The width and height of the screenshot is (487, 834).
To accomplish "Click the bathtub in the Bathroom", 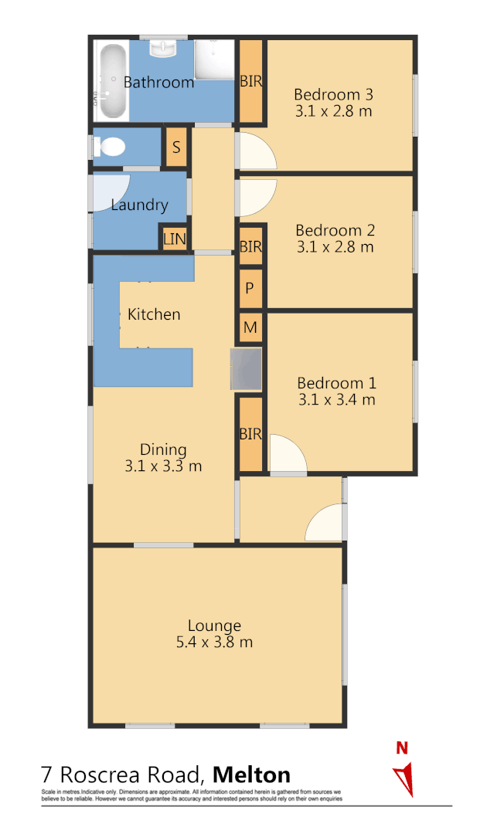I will [x=112, y=80].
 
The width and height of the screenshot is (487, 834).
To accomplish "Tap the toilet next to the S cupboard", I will [x=109, y=147].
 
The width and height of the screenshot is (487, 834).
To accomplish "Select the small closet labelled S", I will [x=176, y=147].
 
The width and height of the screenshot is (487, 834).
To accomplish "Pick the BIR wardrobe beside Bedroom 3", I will [x=250, y=82].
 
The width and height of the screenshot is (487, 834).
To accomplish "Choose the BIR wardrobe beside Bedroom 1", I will [x=250, y=435].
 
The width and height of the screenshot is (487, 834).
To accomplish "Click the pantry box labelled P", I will [x=250, y=288].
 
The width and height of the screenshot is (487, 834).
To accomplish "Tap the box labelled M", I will [x=250, y=327].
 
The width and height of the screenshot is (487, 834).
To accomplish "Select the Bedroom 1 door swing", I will [x=287, y=456].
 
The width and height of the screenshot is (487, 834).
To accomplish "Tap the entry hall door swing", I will [x=325, y=524].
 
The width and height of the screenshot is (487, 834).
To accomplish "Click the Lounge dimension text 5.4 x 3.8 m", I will [x=214, y=642].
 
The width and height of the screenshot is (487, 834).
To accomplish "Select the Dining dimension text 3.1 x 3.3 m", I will [x=163, y=466].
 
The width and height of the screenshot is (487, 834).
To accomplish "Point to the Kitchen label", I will [x=154, y=314].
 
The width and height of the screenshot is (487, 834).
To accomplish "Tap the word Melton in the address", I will [x=251, y=775].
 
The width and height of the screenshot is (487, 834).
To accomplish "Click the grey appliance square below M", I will [x=246, y=368].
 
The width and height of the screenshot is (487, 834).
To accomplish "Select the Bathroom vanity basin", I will [x=164, y=50].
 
